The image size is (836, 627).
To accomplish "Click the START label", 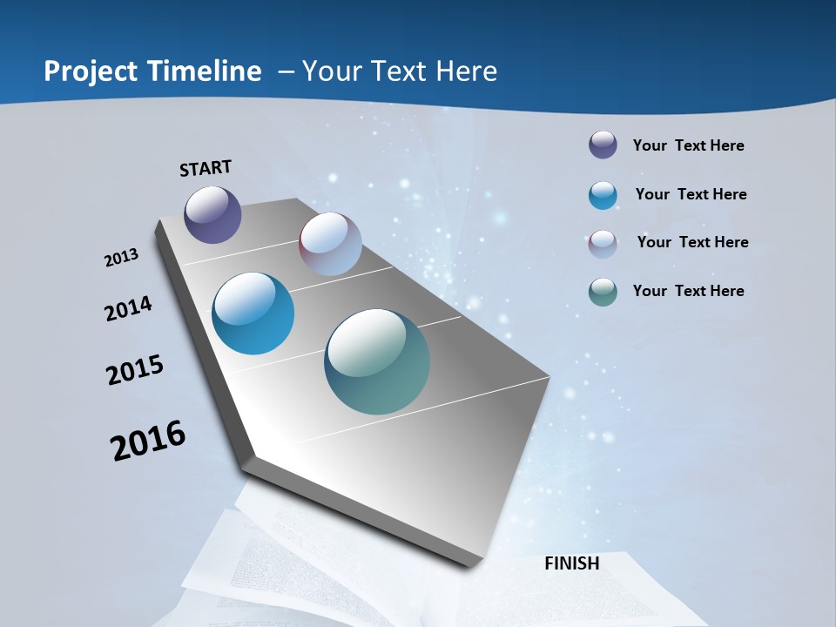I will [x=206, y=168].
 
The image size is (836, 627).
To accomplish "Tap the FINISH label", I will [x=571, y=563].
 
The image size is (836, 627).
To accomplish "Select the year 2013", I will [x=121, y=258].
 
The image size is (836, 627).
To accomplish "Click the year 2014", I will [x=129, y=308].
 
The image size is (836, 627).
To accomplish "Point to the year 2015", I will [x=135, y=369].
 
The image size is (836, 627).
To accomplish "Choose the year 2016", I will [x=148, y=441].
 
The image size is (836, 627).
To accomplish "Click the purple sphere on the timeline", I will [x=212, y=214].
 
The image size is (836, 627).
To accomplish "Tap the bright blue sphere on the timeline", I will [x=253, y=313].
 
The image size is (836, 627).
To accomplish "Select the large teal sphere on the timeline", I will [x=377, y=361].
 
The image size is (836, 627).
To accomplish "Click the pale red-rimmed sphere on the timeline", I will [x=330, y=244].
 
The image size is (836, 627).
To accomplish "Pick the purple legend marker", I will [x=603, y=145].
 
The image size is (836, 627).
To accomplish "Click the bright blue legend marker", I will [x=603, y=195].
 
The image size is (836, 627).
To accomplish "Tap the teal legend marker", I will [x=603, y=292].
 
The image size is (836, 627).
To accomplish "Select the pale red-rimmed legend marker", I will [x=603, y=243].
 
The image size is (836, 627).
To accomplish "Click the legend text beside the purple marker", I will [x=688, y=145].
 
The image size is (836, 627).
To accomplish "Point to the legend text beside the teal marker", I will [x=688, y=291].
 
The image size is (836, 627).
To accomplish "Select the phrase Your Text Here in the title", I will [x=399, y=71].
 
